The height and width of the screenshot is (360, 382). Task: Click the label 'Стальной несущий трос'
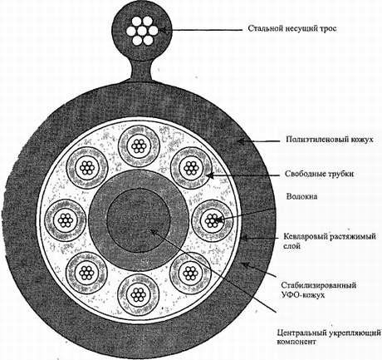(x=292, y=29)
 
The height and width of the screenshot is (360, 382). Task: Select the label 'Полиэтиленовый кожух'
(x=330, y=139)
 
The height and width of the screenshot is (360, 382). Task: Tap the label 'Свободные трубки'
(x=320, y=174)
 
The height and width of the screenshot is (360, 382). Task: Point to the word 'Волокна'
(x=301, y=196)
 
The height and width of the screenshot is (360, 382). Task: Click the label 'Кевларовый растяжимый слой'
(x=330, y=241)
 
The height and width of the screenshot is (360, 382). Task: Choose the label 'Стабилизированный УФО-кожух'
(x=318, y=290)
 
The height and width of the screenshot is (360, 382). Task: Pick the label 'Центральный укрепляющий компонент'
(x=329, y=337)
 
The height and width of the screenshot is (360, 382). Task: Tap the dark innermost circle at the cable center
(x=139, y=220)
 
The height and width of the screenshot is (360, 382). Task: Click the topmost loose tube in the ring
(x=139, y=146)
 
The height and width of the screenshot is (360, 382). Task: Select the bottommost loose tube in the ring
(x=138, y=294)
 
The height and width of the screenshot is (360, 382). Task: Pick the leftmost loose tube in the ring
(x=66, y=221)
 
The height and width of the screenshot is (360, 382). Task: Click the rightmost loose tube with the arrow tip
(x=213, y=220)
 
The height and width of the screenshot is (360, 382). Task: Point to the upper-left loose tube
(x=87, y=168)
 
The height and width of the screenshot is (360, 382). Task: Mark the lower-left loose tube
(x=86, y=273)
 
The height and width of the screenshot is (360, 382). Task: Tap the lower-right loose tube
(x=190, y=273)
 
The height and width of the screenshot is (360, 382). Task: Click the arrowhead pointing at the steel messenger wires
(x=163, y=30)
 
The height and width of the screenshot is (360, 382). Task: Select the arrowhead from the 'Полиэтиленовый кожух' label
(x=242, y=141)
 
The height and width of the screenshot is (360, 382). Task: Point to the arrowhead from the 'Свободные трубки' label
(x=211, y=175)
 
